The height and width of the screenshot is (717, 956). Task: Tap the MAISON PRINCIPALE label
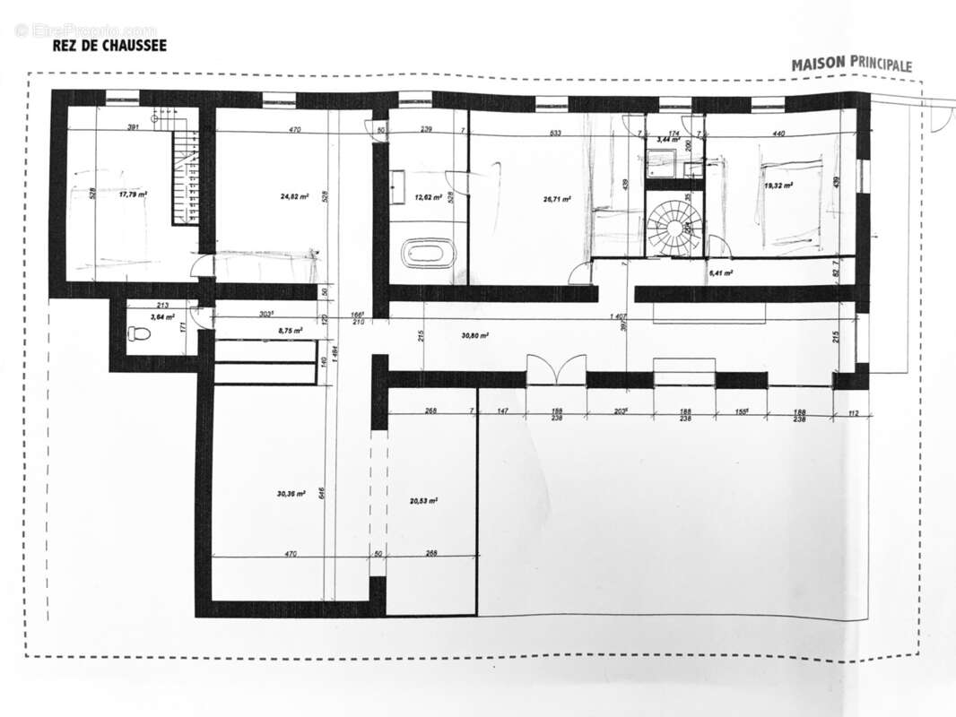(851, 65)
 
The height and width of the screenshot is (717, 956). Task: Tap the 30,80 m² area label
(475, 335)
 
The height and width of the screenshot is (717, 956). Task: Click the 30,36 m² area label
(291, 493)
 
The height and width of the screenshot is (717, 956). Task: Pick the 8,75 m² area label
(291, 331)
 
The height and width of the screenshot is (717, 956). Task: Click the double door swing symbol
(556, 370)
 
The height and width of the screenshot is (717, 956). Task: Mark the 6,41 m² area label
(721, 272)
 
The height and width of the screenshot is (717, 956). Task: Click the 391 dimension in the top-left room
(133, 128)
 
